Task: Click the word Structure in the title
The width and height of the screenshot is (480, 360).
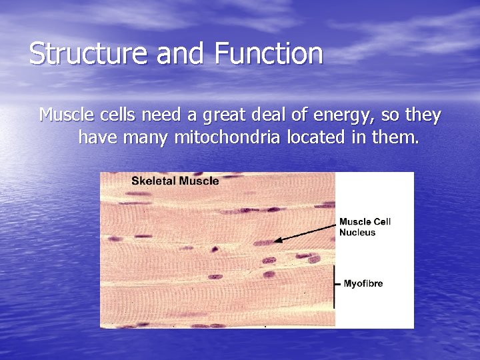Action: [89, 54]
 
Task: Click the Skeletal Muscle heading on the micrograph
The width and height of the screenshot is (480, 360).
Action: [175, 181]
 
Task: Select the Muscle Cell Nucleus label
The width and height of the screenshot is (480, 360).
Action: [365, 227]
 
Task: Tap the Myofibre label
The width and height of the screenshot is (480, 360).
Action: [363, 284]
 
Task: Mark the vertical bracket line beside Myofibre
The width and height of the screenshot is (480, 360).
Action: [335, 286]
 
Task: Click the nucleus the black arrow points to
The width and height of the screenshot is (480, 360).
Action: [264, 243]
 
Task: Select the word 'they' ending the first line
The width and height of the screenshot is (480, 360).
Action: [423, 116]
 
